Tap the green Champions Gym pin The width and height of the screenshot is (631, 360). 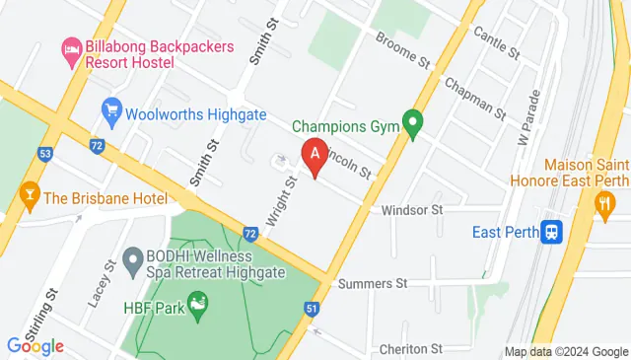pyautogui.click(x=414, y=125)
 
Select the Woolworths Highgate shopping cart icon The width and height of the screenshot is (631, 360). pyautogui.click(x=110, y=108)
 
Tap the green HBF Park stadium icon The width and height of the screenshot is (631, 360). pyautogui.click(x=197, y=301)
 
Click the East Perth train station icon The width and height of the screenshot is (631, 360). pyautogui.click(x=554, y=231)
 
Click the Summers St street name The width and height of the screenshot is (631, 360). pyautogui.click(x=373, y=283)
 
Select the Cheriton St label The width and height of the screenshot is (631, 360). pyautogui.click(x=411, y=348)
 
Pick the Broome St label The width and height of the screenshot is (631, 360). pyautogui.click(x=405, y=49)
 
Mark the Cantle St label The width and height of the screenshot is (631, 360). pyautogui.click(x=496, y=40)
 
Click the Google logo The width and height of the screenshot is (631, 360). pyautogui.click(x=35, y=345)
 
